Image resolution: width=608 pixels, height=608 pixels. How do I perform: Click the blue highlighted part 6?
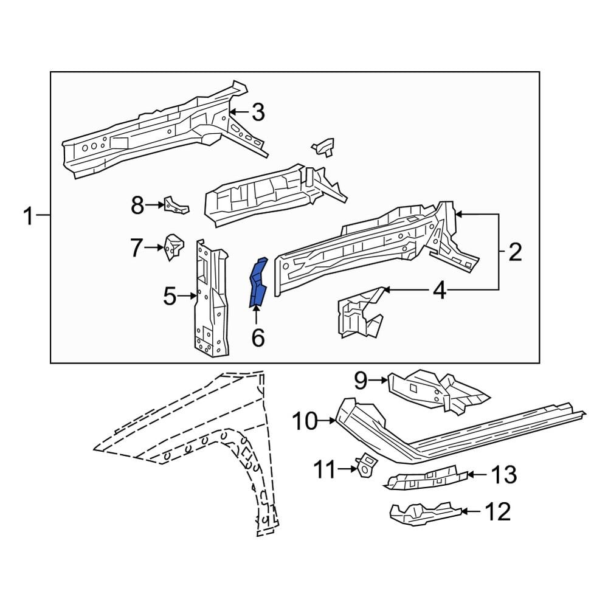258,283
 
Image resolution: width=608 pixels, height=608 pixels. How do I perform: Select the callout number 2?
515,252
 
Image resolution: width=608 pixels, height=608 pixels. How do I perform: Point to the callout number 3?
258,112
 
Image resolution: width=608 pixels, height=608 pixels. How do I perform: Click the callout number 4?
439,291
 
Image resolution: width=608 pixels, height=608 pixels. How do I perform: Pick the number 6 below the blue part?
258,337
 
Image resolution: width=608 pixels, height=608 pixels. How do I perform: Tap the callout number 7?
136,247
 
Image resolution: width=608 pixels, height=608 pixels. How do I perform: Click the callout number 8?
137,206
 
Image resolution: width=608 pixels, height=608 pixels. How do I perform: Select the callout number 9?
361,381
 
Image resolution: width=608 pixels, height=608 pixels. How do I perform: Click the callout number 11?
325,468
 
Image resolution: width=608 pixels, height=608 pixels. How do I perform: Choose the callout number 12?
497,513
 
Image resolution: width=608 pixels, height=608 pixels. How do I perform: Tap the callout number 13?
503,474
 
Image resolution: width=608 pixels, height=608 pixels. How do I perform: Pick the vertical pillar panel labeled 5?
210,298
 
